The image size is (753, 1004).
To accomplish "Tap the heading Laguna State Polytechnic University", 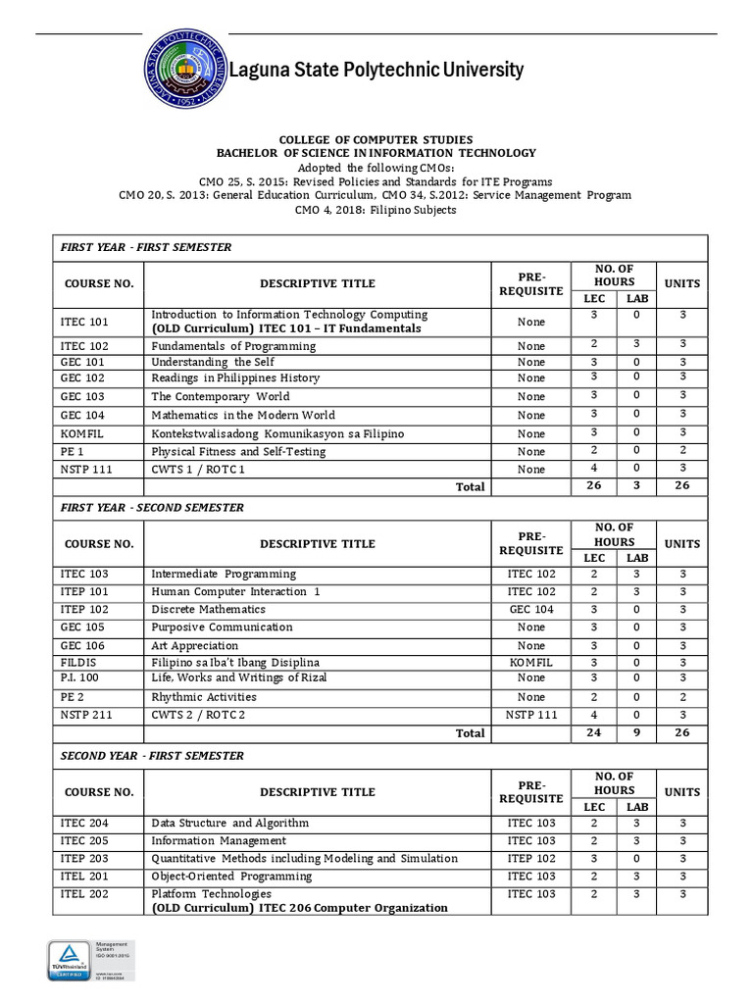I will point(376,70).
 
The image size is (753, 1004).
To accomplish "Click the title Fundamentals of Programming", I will point(233,346).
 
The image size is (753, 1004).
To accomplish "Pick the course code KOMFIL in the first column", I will point(82,433).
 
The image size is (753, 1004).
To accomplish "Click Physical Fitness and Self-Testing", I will point(238,452).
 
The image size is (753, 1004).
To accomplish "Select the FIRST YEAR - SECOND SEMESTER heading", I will point(152,508).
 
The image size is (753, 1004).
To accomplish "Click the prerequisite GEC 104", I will point(531,609).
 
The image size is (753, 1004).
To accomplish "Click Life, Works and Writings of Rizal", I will point(239,678).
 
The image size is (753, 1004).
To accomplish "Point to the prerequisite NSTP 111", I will point(531,715).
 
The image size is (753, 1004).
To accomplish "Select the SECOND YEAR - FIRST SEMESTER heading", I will point(152,756).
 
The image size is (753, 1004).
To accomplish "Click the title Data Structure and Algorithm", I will point(229,823).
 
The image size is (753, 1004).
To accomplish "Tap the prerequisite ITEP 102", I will point(531,858).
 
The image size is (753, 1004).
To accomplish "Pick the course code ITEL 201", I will point(84,876).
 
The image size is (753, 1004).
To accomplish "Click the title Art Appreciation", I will point(194,646).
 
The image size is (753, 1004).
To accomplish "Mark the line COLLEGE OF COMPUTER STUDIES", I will point(376,140).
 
